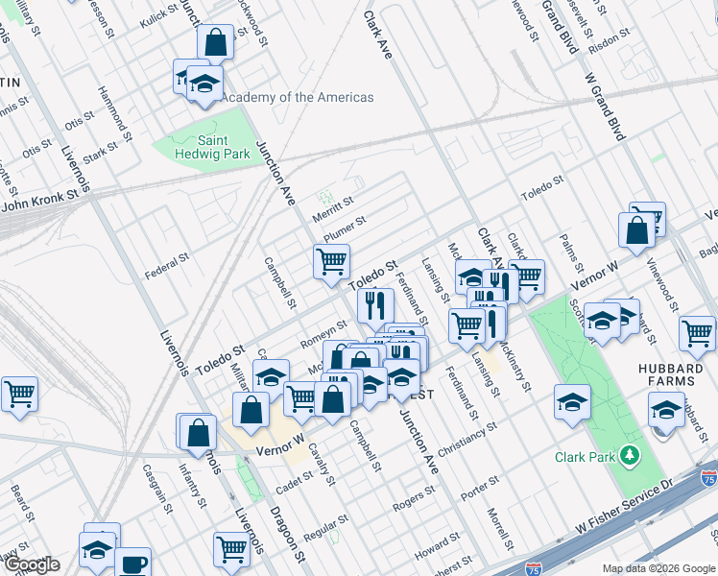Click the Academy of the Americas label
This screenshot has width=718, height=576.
[x=298, y=97]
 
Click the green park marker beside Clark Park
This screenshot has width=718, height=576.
[x=631, y=454]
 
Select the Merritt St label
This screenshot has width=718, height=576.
[x=333, y=207]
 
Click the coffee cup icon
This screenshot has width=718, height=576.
[x=132, y=562]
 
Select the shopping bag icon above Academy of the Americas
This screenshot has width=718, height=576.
[x=215, y=43]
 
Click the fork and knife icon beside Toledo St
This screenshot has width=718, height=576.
[x=374, y=305]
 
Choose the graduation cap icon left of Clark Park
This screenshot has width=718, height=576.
[x=572, y=400]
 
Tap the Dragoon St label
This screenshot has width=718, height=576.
[x=288, y=542]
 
